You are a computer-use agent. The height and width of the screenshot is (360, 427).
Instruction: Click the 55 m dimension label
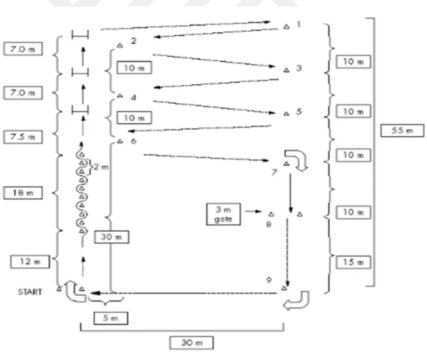(402, 130)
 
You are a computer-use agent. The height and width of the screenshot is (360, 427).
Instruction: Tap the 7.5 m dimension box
(23, 137)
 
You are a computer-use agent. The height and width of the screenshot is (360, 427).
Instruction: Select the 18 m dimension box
(23, 193)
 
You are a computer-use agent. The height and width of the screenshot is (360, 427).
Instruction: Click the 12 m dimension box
(30, 261)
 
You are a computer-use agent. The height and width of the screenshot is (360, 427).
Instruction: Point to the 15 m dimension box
(353, 262)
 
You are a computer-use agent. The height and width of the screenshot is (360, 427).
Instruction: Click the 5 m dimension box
(111, 318)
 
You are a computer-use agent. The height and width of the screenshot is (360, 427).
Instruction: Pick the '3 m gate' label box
(223, 214)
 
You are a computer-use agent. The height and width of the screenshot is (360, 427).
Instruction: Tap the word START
(30, 292)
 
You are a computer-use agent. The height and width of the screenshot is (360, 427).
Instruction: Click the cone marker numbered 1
(286, 27)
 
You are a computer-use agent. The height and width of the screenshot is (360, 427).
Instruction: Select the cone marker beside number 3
(286, 70)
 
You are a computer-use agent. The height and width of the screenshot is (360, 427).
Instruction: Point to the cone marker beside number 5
(286, 114)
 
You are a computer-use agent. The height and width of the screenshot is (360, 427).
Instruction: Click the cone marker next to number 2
(120, 46)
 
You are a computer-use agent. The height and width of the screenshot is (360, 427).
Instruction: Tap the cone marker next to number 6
(120, 141)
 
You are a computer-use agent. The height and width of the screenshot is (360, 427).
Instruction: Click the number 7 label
(274, 172)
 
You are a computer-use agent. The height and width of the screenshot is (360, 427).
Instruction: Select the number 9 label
(269, 280)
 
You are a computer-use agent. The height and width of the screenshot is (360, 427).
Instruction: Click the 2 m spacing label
(101, 167)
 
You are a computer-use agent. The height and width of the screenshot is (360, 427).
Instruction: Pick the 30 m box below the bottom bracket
(191, 343)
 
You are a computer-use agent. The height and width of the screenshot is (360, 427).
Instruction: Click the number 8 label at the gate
(268, 225)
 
